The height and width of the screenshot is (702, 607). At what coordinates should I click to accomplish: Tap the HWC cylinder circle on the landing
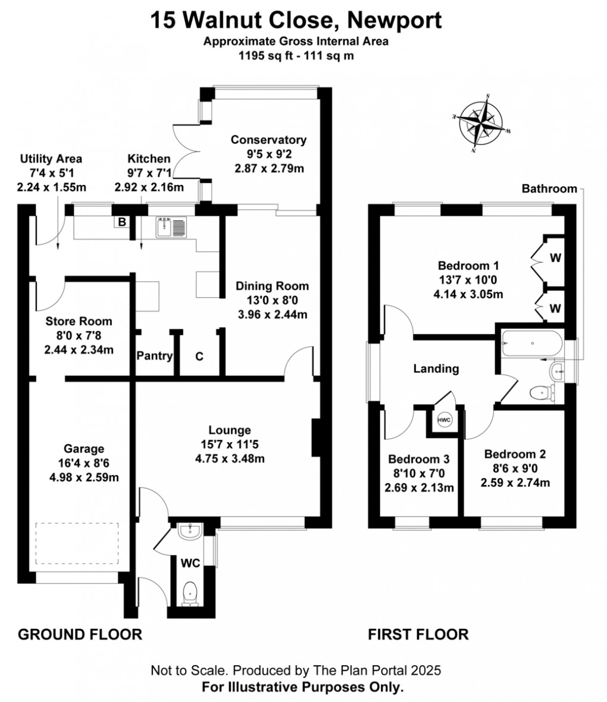pyautogui.click(x=445, y=420)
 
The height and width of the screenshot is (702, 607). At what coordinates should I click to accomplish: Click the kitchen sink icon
pyautogui.click(x=171, y=226)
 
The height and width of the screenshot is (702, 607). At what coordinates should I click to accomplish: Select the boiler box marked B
pyautogui.click(x=122, y=222)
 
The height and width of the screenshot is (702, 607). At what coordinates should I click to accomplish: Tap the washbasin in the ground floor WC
pyautogui.click(x=190, y=530)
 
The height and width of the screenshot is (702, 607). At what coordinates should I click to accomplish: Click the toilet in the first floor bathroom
pyautogui.click(x=541, y=392)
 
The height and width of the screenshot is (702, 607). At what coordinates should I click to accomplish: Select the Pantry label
pyautogui.click(x=154, y=356)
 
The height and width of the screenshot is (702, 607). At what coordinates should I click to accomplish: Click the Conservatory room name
pyautogui.click(x=268, y=140)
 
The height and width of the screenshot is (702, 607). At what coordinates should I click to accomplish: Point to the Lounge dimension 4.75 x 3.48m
pyautogui.click(x=229, y=458)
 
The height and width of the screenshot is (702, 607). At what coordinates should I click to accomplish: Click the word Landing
pyautogui.click(x=436, y=369)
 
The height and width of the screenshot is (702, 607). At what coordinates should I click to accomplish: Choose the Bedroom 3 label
pyautogui.click(x=418, y=459)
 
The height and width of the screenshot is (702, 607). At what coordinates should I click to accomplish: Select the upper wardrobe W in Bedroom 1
pyautogui.click(x=555, y=257)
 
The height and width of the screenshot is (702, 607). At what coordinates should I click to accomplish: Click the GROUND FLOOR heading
pyautogui.click(x=80, y=634)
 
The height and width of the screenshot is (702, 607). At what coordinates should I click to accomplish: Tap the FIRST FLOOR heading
pyautogui.click(x=418, y=634)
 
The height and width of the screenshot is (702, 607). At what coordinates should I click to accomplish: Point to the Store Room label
pyautogui.click(x=79, y=322)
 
